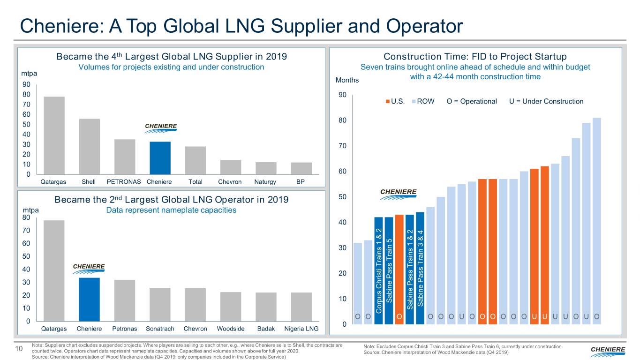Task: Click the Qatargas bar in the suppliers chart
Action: coord(54,136)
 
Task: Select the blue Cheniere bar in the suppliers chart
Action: coord(160,158)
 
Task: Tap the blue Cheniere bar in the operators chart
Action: coord(89,300)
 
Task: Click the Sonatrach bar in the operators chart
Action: coord(160,304)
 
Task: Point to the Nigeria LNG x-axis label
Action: coord(301,329)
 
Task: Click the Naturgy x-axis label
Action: coord(266,182)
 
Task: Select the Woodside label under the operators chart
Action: coord(231,329)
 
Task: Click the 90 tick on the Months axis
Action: coord(342,95)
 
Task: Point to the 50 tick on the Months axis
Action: coord(342,197)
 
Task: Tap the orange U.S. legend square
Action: coord(388,102)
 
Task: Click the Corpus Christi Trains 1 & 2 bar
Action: coord(378,270)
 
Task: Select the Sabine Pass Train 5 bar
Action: coord(389,270)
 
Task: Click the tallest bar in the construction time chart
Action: coord(597,220)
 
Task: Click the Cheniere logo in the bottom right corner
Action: coord(608,350)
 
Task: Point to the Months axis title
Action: coord(347,80)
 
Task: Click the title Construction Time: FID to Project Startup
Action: coord(475,57)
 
